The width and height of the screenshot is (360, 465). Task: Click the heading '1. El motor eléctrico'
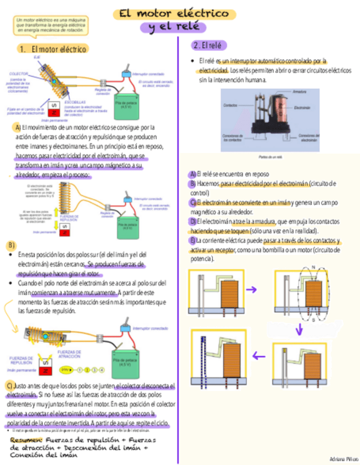click(x=52, y=49)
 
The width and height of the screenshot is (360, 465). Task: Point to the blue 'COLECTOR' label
click(x=19, y=73)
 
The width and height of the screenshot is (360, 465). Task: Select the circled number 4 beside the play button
click(x=102, y=370)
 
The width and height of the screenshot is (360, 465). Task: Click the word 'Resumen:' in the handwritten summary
click(x=26, y=440)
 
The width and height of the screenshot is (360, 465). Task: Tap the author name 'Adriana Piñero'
click(x=344, y=458)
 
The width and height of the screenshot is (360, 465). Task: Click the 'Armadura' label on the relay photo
click(x=300, y=92)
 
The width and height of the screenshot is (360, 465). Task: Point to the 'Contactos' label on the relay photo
click(x=230, y=105)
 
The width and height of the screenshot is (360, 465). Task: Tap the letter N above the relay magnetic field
click(x=313, y=268)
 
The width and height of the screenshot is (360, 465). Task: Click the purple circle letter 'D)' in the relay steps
click(x=193, y=222)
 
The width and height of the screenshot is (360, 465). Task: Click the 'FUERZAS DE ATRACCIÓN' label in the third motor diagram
click(x=70, y=353)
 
